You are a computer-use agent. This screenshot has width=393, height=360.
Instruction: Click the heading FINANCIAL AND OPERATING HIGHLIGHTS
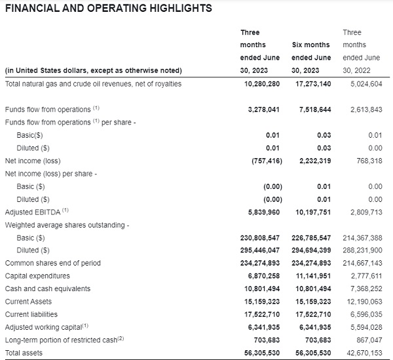coord(109,9)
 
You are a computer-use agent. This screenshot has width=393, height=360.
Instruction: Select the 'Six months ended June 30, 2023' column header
coord(311,58)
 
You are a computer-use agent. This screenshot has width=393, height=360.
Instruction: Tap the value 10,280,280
coord(262,84)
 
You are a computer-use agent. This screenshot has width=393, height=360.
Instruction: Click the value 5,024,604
coord(366,84)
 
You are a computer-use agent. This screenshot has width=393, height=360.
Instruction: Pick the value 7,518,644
coord(315,110)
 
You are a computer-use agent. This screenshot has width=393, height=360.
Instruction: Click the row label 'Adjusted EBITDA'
coord(33,212)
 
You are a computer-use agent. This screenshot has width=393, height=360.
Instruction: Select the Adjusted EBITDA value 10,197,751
coord(313,212)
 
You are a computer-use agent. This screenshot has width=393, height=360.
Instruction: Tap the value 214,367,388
coord(362,238)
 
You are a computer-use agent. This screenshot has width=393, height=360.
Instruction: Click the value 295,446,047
coord(260,250)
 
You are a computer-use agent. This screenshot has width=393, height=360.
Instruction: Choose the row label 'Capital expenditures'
coord(37,276)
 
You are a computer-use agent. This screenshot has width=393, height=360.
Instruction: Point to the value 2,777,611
coord(366,276)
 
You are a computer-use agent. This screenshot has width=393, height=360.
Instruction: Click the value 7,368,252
coord(366,289)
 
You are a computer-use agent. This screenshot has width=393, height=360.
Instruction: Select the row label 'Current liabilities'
coord(31,314)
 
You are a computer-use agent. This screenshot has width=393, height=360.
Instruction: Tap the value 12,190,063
coord(364,302)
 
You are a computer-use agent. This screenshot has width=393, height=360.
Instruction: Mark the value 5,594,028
coord(366,327)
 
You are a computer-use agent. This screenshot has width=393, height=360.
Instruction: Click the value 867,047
coord(369,340)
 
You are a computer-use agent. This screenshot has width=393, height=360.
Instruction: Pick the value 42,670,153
coord(364,353)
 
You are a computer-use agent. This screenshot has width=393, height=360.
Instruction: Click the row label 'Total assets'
coord(24,353)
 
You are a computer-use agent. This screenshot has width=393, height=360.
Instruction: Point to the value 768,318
coord(369,161)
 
